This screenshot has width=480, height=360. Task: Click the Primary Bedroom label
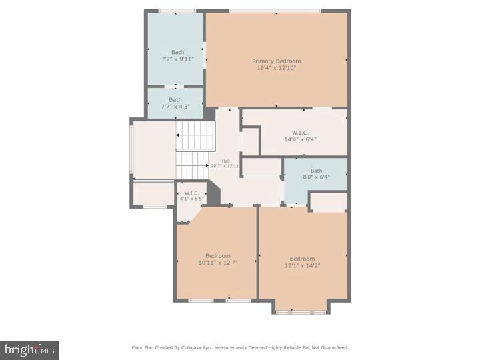point(276,61)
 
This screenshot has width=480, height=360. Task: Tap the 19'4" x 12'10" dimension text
point(276,68)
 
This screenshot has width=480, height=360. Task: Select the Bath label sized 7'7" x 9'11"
point(177,52)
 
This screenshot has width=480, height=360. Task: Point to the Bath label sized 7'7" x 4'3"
point(175,100)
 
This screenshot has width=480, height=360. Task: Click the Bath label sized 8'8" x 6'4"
point(316,171)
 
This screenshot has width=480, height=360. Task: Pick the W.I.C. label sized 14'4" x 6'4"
point(300,132)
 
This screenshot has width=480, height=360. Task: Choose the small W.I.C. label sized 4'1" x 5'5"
point(191,193)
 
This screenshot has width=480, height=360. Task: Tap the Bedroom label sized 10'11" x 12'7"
point(218,256)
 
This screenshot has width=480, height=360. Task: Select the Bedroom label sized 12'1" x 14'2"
point(302,259)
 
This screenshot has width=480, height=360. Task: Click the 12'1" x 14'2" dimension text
point(302,266)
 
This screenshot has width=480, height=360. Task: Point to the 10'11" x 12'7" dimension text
point(218,263)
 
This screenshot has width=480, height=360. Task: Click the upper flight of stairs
point(194,136)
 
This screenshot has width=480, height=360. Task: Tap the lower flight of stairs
point(192,165)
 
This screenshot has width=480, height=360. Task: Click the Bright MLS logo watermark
point(29,349)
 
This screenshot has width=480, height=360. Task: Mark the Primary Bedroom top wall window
point(275,11)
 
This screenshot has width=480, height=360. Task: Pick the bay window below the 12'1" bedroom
point(301,311)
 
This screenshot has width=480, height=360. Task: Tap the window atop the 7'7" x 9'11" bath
point(177,11)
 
